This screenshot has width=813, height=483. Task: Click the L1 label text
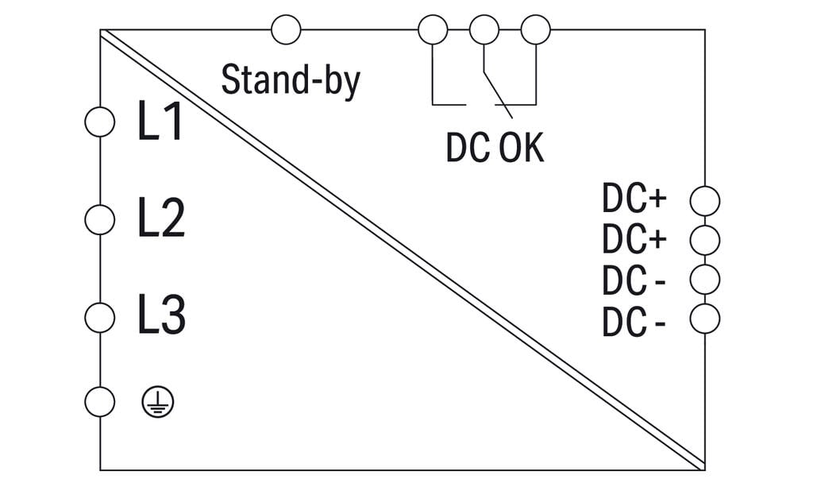click(x=160, y=121)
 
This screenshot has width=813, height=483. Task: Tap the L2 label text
click(x=161, y=218)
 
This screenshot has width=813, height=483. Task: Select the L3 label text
click(x=161, y=315)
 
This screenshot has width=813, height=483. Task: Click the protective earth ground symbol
click(x=158, y=402)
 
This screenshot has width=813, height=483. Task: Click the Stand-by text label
click(x=291, y=81)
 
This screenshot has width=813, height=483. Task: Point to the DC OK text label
click(x=495, y=148)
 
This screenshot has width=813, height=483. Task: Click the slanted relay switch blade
click(x=499, y=95)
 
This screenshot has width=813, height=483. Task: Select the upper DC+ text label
click(x=634, y=198)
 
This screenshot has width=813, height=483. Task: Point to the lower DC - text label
click(x=634, y=323)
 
